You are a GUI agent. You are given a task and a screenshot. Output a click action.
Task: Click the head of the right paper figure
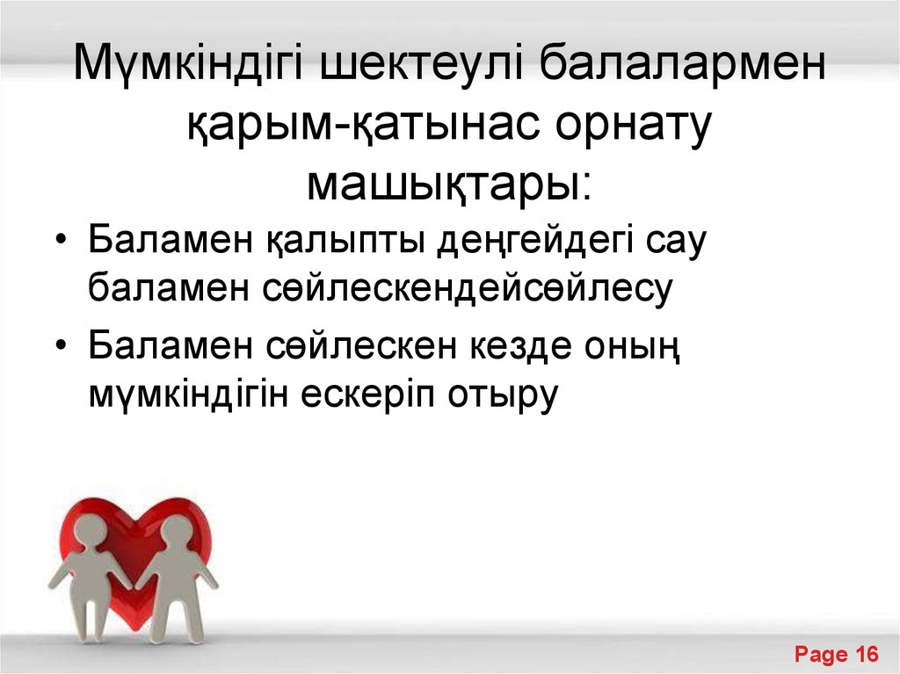[178, 531]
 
